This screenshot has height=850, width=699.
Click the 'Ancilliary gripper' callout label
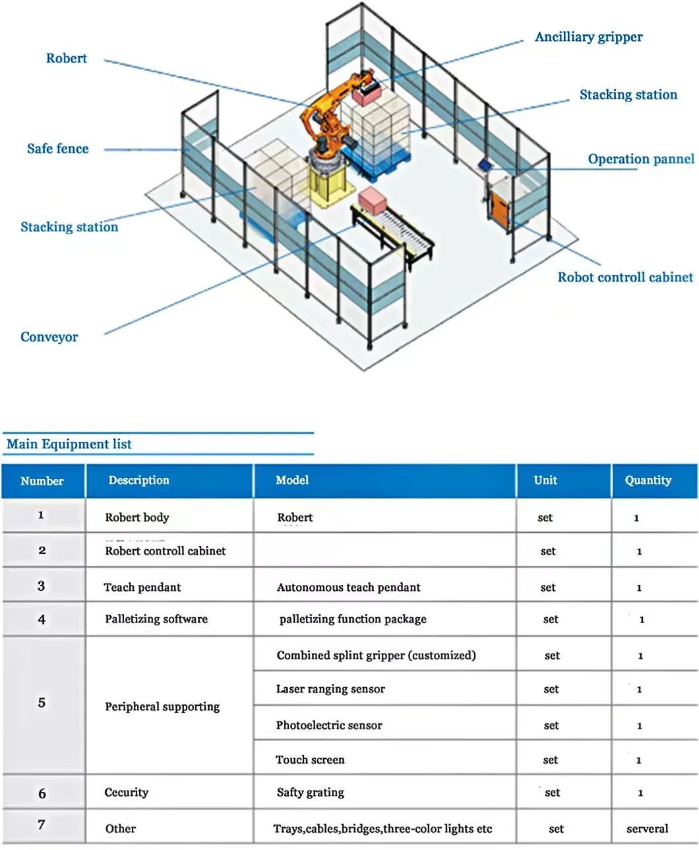point(588,37)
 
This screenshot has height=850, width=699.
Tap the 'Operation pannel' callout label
point(640,159)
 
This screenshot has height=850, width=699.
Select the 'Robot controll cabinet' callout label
point(625,277)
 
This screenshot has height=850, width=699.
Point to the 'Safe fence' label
point(58,149)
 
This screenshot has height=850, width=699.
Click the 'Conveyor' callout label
point(49,337)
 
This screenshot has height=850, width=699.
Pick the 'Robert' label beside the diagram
point(67,59)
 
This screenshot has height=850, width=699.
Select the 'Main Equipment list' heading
point(69,444)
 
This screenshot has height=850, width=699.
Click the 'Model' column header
point(292,480)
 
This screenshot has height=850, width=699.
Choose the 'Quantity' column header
point(648,480)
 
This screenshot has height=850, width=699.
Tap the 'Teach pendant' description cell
point(142,587)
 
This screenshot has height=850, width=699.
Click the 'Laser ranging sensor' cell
point(330,689)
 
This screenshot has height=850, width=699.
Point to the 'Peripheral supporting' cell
point(162,706)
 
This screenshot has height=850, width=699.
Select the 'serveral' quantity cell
point(647,828)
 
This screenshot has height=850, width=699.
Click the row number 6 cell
point(42,793)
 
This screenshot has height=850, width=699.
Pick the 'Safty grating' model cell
point(311,792)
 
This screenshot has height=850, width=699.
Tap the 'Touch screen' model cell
point(310,760)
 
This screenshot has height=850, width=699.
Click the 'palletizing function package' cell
point(353,619)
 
